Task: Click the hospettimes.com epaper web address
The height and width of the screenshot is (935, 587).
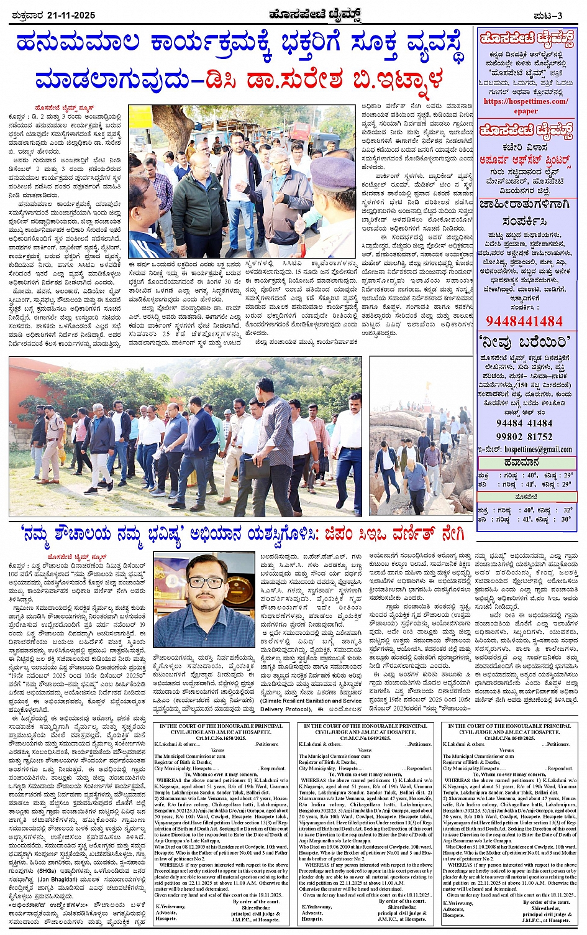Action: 526,106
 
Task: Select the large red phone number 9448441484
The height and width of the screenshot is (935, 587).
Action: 524,321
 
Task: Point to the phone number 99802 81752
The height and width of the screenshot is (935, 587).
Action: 524,436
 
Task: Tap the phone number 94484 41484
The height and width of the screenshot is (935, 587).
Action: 524,423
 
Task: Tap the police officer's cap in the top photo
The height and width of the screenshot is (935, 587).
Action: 333,173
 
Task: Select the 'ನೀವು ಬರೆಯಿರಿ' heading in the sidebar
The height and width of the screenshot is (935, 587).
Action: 525,343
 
